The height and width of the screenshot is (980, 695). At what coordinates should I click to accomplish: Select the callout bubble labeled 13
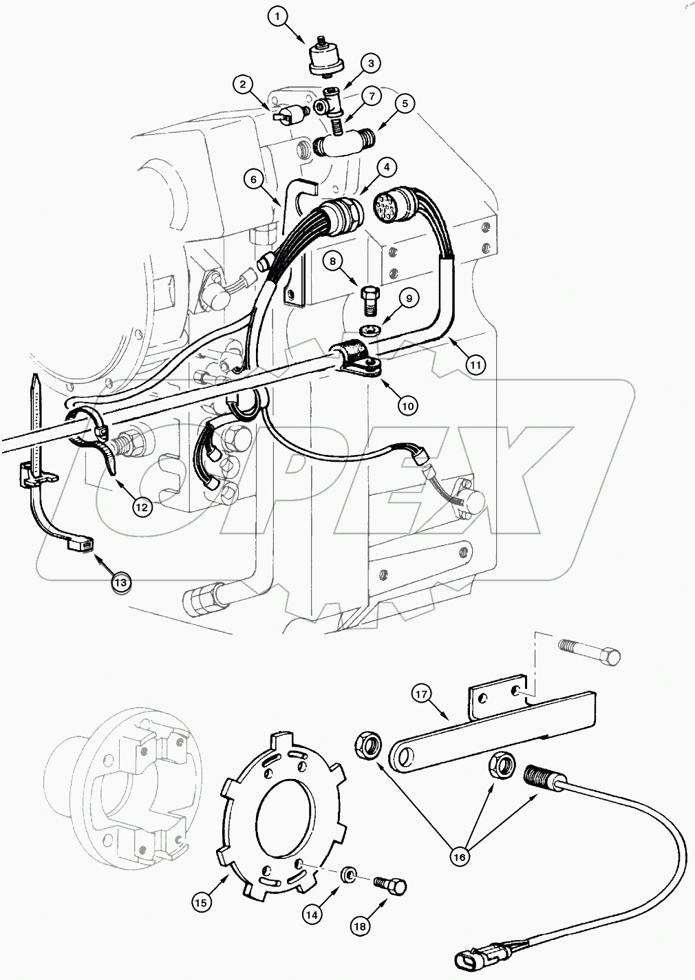(121, 582)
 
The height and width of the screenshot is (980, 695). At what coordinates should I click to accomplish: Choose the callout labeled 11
(475, 364)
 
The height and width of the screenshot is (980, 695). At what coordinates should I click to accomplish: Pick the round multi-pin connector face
(387, 207)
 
